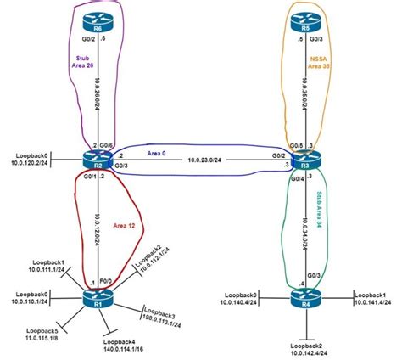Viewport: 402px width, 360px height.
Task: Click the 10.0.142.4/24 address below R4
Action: coord(310,354)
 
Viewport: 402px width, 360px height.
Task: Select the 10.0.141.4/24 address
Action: coord(372,302)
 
